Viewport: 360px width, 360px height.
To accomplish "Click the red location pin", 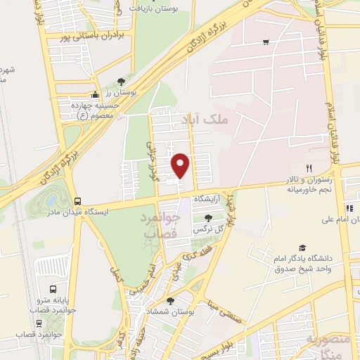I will point(181,165).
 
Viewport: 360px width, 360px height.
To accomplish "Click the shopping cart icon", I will point(265,42).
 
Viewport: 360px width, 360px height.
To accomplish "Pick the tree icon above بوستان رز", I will point(122,82).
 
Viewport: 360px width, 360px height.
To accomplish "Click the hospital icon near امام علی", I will point(349,207).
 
